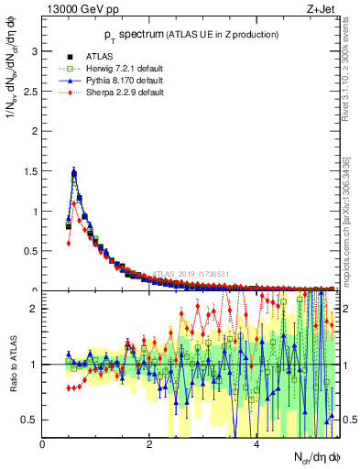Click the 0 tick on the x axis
coord(43,443)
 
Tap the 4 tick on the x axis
coord(256,443)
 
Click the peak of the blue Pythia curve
coord(73,171)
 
